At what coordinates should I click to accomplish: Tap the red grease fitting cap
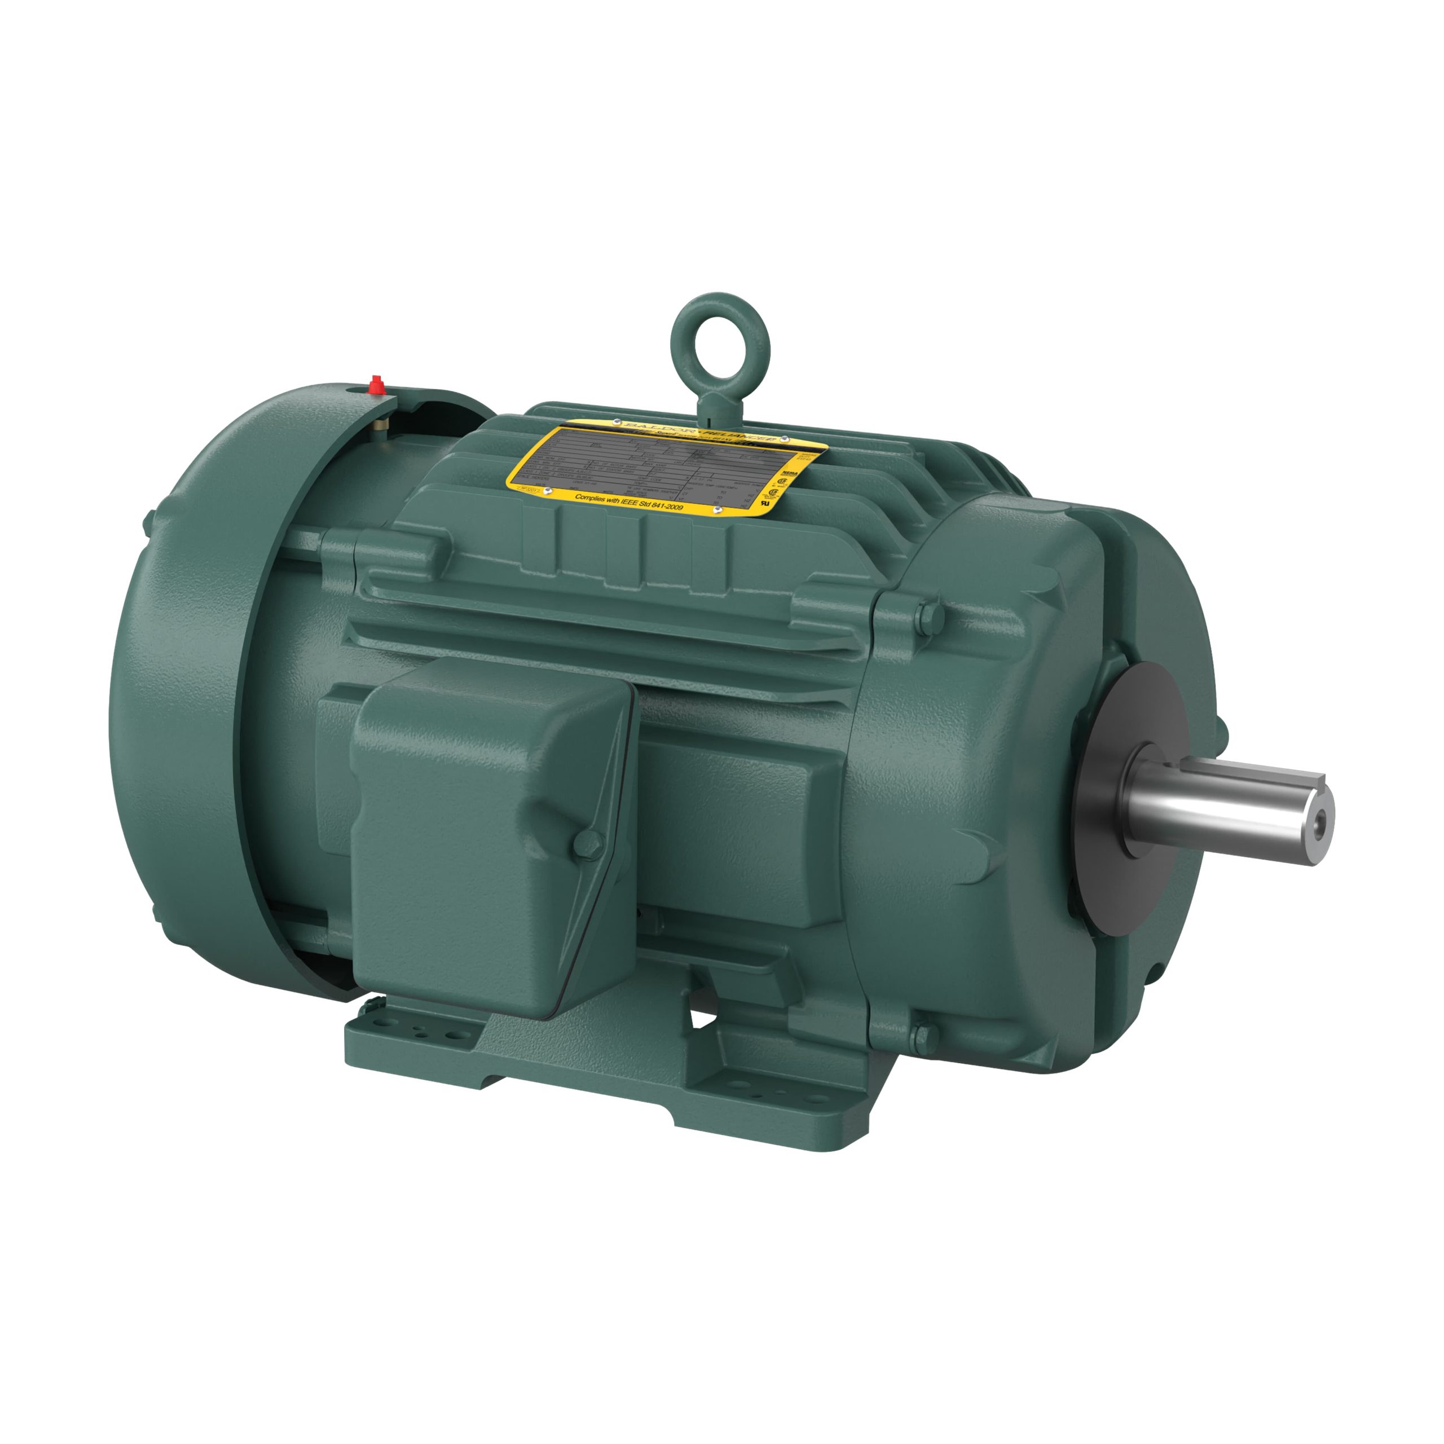click(377, 384)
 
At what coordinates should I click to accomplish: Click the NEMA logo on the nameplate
click(789, 474)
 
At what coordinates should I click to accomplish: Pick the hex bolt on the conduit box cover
click(587, 844)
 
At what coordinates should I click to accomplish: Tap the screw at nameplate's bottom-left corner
click(548, 490)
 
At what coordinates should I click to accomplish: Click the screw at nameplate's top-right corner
click(786, 439)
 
